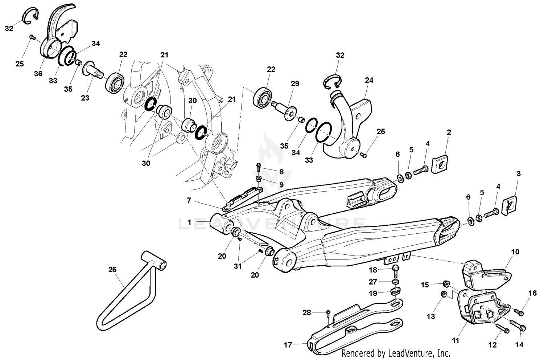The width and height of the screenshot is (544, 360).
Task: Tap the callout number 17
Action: (x=288, y=345)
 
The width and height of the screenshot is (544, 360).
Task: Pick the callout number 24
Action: (x=369, y=80)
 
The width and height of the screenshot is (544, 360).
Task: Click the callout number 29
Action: (x=295, y=84)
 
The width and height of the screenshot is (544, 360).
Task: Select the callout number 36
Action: (x=38, y=74)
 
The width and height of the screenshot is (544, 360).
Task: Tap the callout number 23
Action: (x=85, y=98)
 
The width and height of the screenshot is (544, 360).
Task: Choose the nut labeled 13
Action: (x=442, y=294)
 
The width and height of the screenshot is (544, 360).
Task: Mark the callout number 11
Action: (x=456, y=340)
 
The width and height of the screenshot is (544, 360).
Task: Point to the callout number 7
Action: (x=189, y=200)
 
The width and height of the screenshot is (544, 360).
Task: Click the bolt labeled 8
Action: (x=259, y=167)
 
